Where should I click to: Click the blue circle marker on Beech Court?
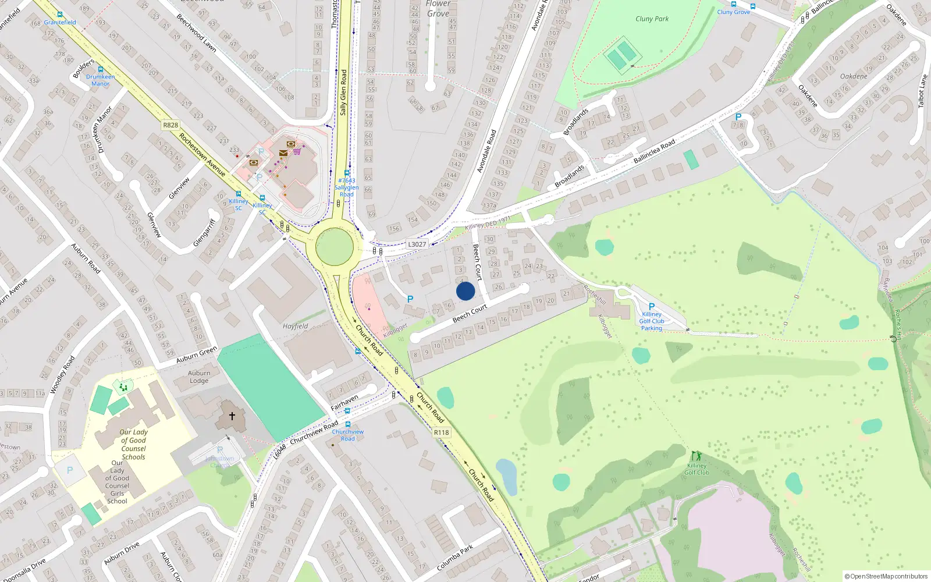click(465, 291)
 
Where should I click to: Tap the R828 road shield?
click(170, 125)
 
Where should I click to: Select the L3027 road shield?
click(417, 244)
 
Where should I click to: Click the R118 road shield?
click(441, 432)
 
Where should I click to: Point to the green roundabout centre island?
click(335, 247)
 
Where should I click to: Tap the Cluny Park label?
click(652, 19)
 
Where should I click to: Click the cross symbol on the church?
click(232, 416)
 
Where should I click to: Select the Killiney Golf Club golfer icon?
click(696, 456)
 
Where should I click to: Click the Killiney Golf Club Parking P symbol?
click(652, 307)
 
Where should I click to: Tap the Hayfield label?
click(296, 326)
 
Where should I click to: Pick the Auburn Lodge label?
click(199, 377)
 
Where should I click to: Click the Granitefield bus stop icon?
click(60, 15)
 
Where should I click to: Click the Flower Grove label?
click(438, 9)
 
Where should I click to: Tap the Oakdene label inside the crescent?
click(854, 76)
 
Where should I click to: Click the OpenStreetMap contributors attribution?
click(886, 576)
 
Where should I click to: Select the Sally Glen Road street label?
click(343, 92)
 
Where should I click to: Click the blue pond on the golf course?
click(507, 476)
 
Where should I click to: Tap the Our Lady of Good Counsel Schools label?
click(133, 444)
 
